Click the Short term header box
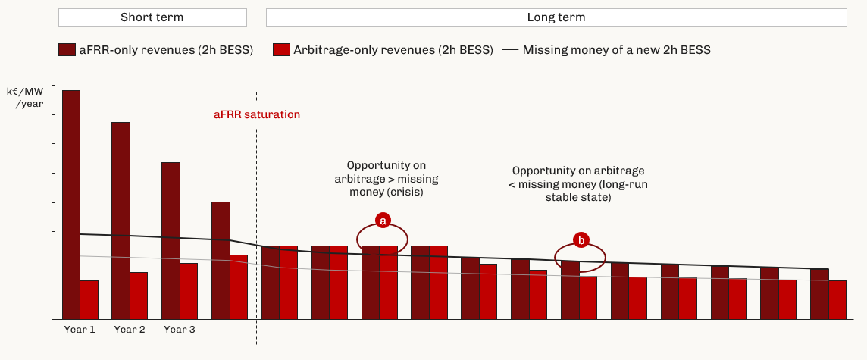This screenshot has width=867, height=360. (152, 17)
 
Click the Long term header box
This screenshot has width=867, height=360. (556, 17)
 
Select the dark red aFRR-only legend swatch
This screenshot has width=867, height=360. (67, 50)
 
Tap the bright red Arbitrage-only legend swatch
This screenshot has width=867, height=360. (281, 50)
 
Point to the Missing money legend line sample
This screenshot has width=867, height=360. (510, 50)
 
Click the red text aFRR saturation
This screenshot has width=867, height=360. (257, 115)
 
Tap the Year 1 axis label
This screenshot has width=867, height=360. (80, 330)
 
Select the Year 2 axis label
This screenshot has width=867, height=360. (130, 330)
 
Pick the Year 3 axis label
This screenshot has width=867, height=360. (180, 330)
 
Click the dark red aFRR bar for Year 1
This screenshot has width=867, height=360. (71, 205)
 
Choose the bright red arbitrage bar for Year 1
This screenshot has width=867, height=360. (89, 299)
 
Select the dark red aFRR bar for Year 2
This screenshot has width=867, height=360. (121, 221)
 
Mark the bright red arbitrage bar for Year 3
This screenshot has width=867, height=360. (189, 292)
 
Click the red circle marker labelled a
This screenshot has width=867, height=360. (382, 221)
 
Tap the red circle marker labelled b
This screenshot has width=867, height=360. (581, 240)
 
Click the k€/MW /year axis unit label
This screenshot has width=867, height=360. (25, 97)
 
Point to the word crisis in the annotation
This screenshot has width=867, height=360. (409, 192)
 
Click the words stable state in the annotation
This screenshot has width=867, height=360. (578, 197)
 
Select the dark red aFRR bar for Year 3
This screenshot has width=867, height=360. (171, 240)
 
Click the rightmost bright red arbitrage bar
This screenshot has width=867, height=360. (837, 299)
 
